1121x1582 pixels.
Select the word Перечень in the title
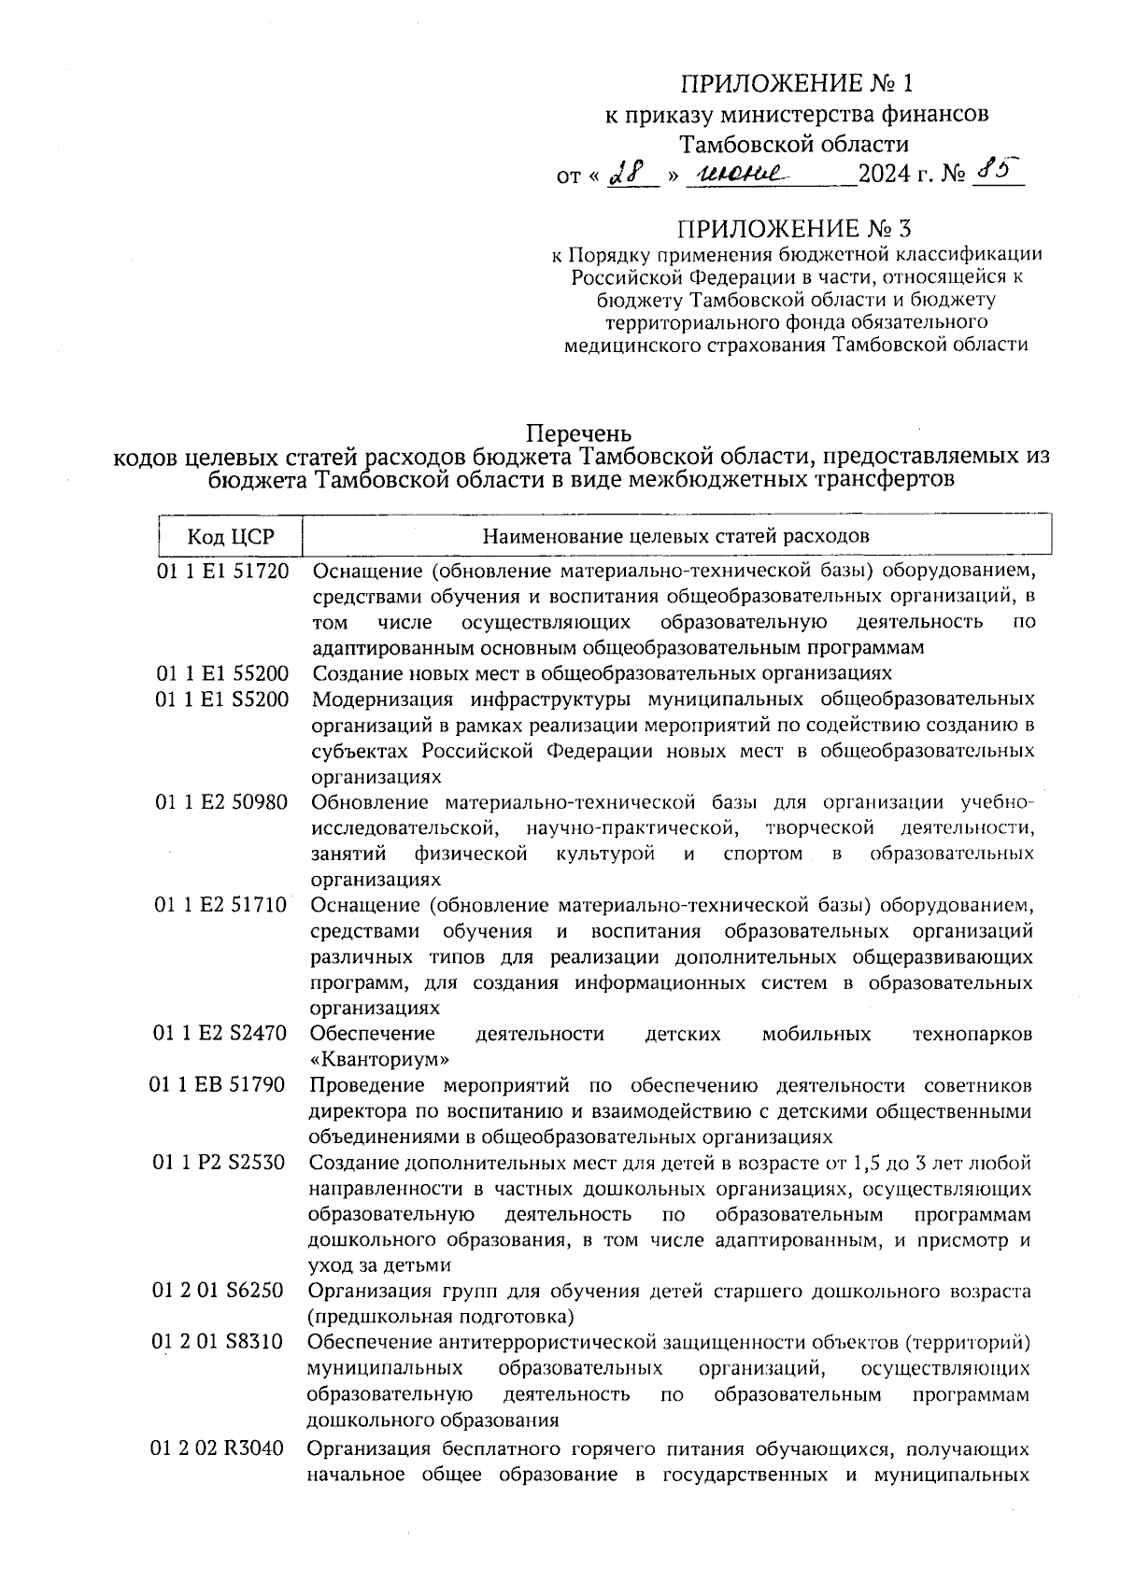(x=579, y=434)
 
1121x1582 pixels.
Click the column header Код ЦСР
(x=231, y=537)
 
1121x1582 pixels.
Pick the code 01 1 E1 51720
(x=223, y=571)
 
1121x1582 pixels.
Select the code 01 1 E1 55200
(x=223, y=673)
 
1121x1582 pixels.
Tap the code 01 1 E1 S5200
(x=223, y=699)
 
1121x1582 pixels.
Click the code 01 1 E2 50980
(x=222, y=802)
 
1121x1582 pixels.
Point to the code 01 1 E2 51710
(x=222, y=905)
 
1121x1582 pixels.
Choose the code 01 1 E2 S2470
(x=220, y=1034)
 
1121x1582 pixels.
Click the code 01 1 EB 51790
(x=218, y=1085)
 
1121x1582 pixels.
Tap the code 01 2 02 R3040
(x=217, y=1449)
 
